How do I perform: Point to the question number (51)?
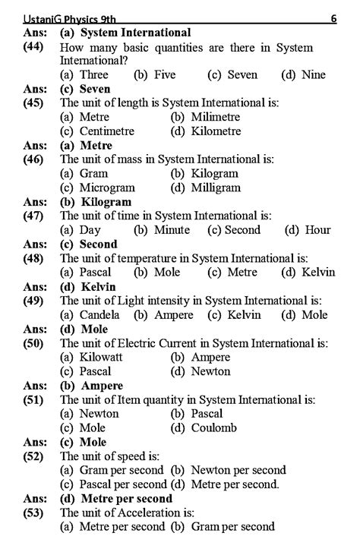[x=34, y=400]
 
